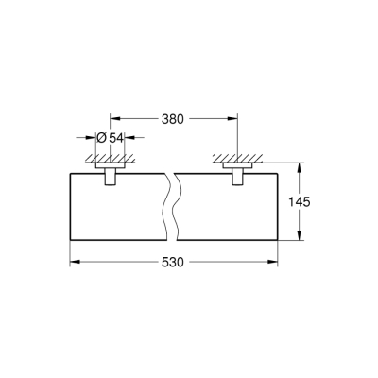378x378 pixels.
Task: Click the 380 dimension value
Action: pyautogui.click(x=172, y=120)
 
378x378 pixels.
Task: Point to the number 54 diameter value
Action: pyautogui.click(x=118, y=138)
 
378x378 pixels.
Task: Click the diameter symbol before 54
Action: pyautogui.click(x=103, y=138)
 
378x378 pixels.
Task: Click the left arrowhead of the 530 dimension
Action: pyautogui.click(x=73, y=261)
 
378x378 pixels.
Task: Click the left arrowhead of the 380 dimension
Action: pyautogui.click(x=114, y=120)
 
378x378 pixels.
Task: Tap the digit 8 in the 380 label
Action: pyautogui.click(x=172, y=120)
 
